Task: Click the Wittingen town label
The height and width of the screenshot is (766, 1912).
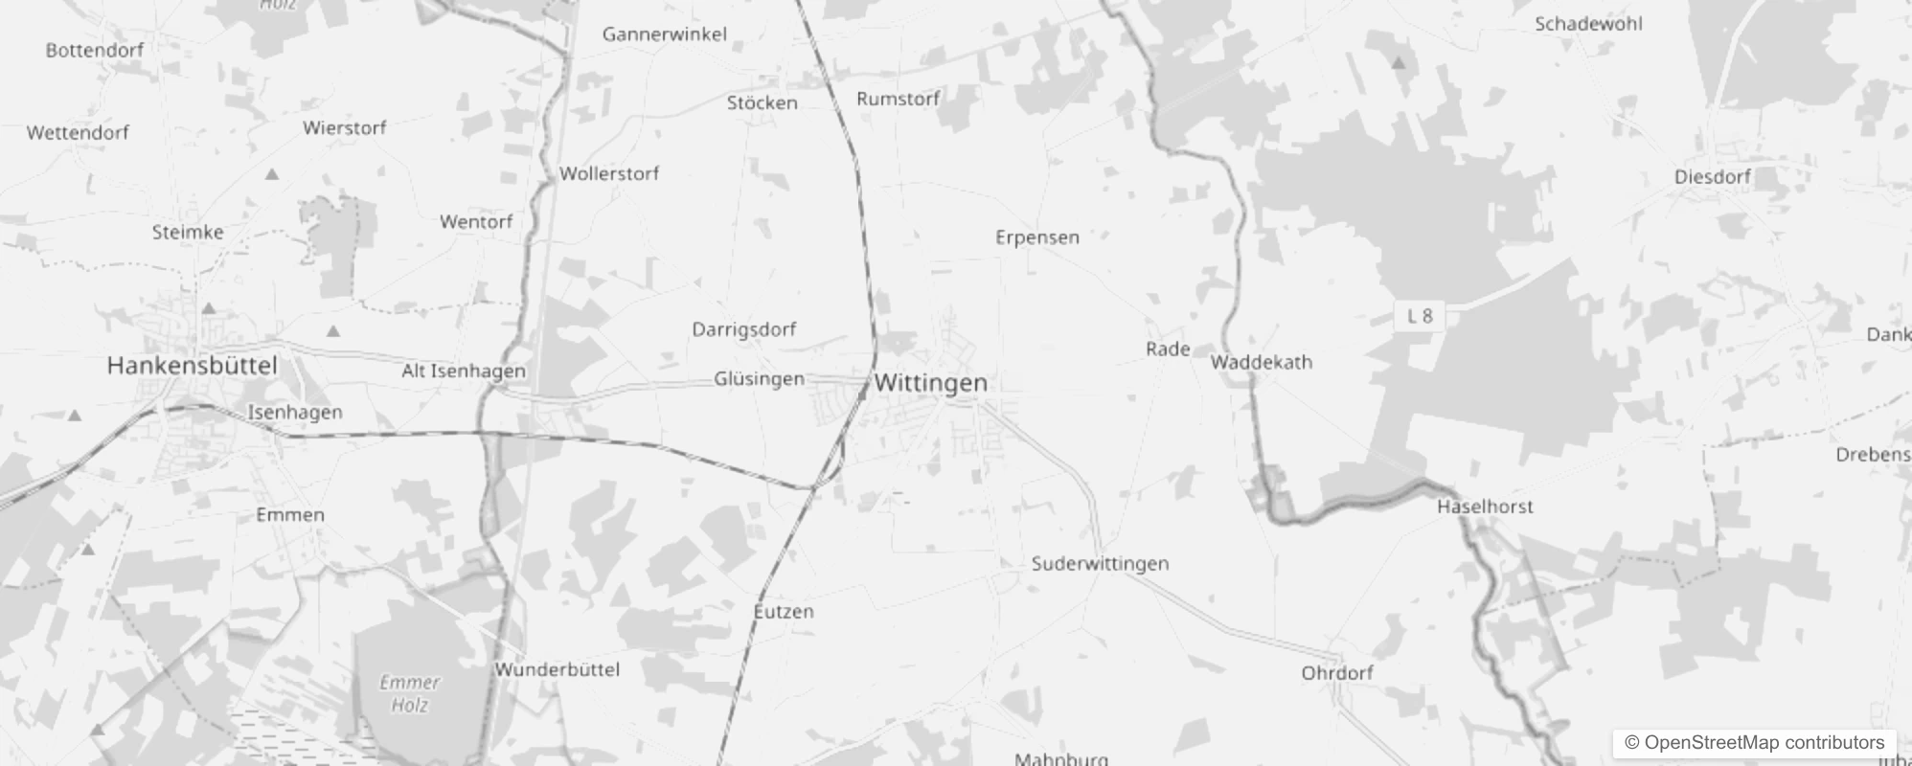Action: click(930, 383)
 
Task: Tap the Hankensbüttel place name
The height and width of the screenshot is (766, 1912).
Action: click(192, 365)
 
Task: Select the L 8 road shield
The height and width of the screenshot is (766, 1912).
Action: click(1420, 316)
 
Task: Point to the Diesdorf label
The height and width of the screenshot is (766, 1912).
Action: click(1712, 177)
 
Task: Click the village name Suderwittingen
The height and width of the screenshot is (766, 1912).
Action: click(1100, 563)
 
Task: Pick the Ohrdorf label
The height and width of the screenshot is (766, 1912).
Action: click(1336, 672)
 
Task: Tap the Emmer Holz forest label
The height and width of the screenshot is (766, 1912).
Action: click(409, 694)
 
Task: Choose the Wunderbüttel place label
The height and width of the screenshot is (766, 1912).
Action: click(558, 669)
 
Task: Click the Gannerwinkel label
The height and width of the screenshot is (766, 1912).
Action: click(664, 34)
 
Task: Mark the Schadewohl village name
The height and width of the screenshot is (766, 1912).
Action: click(1588, 24)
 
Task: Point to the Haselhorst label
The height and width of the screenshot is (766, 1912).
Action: click(1485, 507)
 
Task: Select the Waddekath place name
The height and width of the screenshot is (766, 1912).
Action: click(1261, 362)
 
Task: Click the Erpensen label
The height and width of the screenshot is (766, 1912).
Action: click(1036, 237)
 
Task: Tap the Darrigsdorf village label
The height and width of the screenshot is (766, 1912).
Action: click(743, 329)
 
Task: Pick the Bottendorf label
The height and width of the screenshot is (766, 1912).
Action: click(94, 50)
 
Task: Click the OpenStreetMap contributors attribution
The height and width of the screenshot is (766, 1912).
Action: click(1754, 742)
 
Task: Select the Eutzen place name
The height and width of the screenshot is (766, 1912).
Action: click(784, 611)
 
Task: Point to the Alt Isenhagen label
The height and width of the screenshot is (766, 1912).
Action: click(464, 371)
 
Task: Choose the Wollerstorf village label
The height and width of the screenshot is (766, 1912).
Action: click(609, 173)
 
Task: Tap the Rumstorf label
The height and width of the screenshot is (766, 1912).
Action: click(898, 99)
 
